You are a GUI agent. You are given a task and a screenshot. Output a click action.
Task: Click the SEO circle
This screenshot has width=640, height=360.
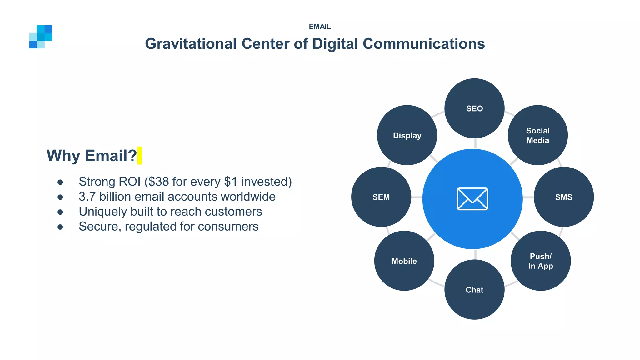click(x=474, y=108)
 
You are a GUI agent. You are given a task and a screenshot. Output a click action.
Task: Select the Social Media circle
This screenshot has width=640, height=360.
click(x=537, y=135)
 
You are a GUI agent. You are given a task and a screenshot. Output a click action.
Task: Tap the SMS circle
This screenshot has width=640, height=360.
click(x=563, y=197)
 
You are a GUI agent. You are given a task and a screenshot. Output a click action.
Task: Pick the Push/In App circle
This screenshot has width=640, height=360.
click(x=541, y=261)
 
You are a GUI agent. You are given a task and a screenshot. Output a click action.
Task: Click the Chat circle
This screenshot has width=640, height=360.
click(x=474, y=290)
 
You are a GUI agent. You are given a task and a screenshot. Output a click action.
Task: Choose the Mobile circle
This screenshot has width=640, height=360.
click(x=404, y=261)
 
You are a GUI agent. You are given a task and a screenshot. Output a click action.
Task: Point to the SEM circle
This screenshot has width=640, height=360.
click(x=381, y=197)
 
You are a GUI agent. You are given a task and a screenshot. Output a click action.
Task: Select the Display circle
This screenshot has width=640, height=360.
click(x=407, y=135)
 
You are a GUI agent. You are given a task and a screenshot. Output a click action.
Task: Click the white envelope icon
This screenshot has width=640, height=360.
click(x=472, y=199)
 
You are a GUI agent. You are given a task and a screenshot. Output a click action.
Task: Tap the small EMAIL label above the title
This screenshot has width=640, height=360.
click(x=320, y=27)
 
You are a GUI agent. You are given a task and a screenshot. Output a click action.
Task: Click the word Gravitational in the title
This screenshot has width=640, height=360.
click(x=191, y=44)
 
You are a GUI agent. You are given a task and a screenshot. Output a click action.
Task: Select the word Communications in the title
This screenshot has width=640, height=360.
click(x=423, y=44)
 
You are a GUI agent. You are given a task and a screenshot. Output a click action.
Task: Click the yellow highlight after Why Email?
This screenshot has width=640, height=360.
click(x=139, y=155)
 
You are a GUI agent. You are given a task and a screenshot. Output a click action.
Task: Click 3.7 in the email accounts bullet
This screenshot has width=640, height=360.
click(x=87, y=197)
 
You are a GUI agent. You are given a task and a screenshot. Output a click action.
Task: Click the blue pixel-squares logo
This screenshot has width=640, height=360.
click(x=41, y=37)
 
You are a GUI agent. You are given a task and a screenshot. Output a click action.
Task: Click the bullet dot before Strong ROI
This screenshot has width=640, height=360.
click(x=60, y=182)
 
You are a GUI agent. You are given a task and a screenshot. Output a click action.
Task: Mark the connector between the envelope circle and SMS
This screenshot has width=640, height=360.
click(x=528, y=197)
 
